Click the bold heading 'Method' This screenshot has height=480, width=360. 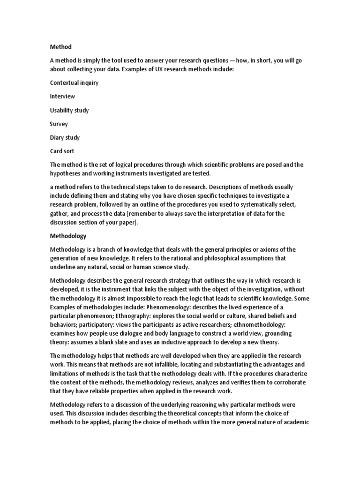(61, 47)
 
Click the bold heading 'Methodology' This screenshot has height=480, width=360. (68, 236)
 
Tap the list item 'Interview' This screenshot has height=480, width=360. (62, 97)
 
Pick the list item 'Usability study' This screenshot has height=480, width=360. (69, 110)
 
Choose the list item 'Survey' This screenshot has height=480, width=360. (59, 124)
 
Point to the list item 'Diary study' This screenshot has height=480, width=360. (65, 138)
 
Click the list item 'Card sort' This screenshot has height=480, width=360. (62, 151)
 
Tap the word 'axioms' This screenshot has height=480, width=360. (262, 250)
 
